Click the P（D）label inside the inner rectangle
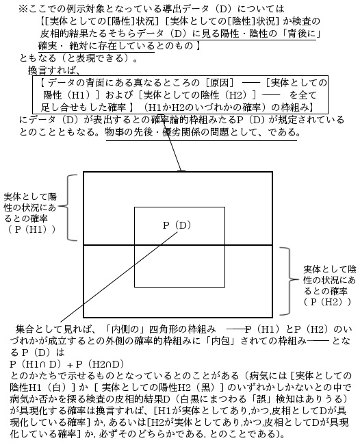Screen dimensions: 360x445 point(177,225)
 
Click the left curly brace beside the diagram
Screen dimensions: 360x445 point(68,207)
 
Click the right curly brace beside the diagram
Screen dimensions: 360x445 point(290,281)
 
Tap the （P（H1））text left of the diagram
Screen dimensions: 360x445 point(31,229)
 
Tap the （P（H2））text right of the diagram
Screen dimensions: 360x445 point(327,302)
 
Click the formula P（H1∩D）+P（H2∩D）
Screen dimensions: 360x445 point(67,364)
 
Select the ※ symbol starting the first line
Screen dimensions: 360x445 point(23,9)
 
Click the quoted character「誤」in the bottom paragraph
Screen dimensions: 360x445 point(261,398)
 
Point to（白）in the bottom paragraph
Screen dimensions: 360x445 point(55,387)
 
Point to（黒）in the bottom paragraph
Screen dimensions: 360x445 point(205,387)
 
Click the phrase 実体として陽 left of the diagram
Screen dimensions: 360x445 point(30,196)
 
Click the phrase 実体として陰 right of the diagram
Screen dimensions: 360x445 point(329,269)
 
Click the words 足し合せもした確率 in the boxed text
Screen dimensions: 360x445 point(83,107)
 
